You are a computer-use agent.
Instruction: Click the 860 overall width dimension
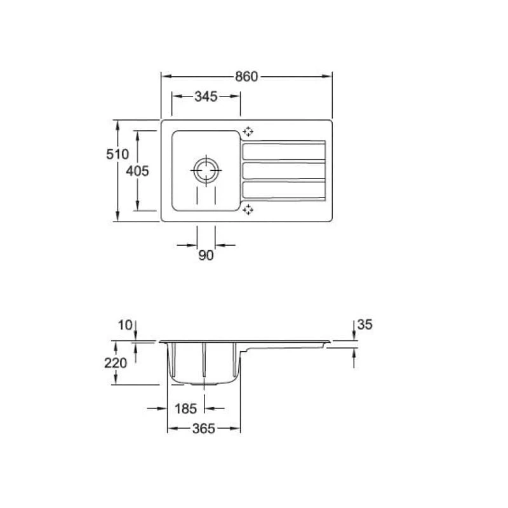click(x=246, y=76)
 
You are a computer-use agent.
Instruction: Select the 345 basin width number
click(x=206, y=97)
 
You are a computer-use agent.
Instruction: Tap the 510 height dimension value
click(x=117, y=154)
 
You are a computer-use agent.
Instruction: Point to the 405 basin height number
click(x=137, y=171)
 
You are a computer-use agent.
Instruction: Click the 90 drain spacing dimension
click(x=206, y=255)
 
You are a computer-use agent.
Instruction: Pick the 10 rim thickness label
click(x=125, y=325)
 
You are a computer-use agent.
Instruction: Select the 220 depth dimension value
click(x=116, y=363)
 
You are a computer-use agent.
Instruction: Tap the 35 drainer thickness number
click(x=364, y=324)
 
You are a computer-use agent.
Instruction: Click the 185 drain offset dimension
click(x=185, y=408)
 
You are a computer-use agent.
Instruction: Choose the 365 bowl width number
click(x=204, y=429)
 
